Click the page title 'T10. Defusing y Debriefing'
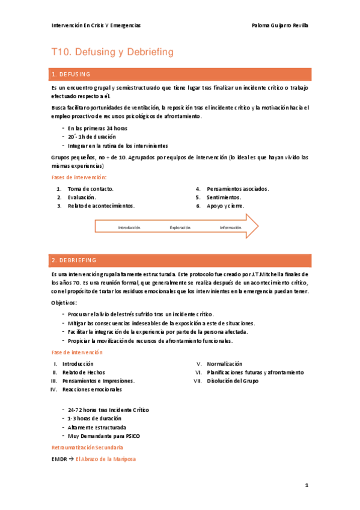point(112,52)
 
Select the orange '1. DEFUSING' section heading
point(71,75)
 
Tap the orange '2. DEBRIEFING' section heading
point(74,260)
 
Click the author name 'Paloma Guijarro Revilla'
point(281,25)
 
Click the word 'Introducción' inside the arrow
point(129,227)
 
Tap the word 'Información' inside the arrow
point(230,227)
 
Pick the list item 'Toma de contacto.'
point(90,189)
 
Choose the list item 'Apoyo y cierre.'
point(225,206)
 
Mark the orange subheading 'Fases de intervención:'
point(79,177)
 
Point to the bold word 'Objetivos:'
point(64,303)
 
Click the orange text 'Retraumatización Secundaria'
point(87,448)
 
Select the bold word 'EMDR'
point(58,459)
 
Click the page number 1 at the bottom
point(307,485)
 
